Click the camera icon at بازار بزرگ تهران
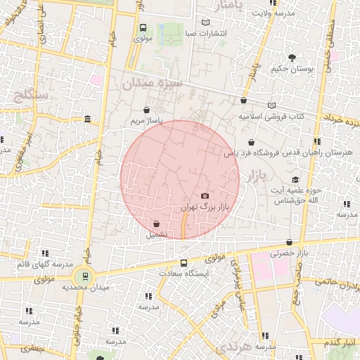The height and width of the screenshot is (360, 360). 205,195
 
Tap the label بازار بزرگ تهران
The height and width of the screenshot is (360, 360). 205,207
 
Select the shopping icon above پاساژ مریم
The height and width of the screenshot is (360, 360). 146,110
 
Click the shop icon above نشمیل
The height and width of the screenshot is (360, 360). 155,225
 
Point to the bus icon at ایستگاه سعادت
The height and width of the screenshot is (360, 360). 184,263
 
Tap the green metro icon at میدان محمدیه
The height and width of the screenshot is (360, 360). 85,276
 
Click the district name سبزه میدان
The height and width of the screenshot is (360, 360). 153,83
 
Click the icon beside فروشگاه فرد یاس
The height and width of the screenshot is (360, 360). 229,152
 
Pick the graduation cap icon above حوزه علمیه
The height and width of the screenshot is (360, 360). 297,179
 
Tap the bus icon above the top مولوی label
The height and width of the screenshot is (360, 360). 143,28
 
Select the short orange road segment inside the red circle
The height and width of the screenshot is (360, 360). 184,226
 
